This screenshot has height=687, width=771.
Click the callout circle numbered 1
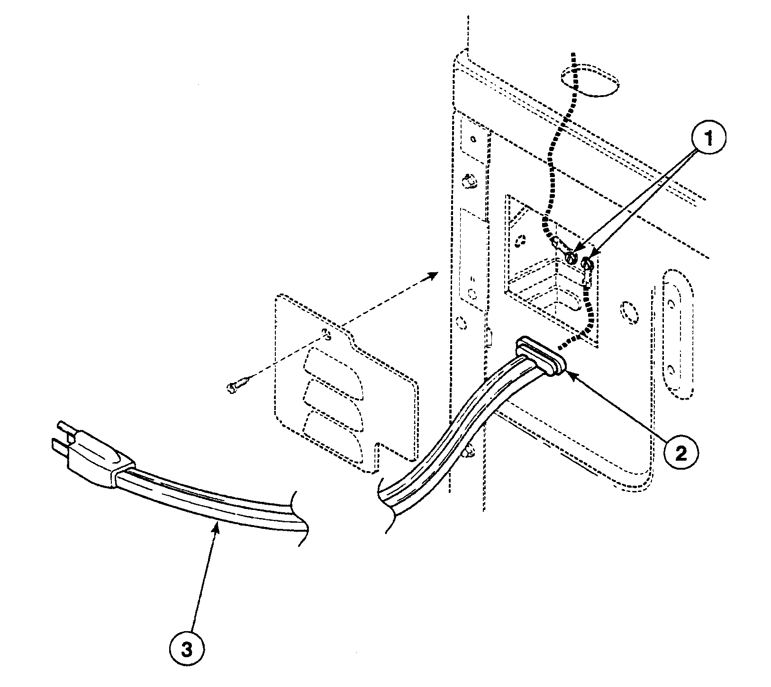tap(708, 139)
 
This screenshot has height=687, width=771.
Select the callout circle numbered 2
tap(681, 453)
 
